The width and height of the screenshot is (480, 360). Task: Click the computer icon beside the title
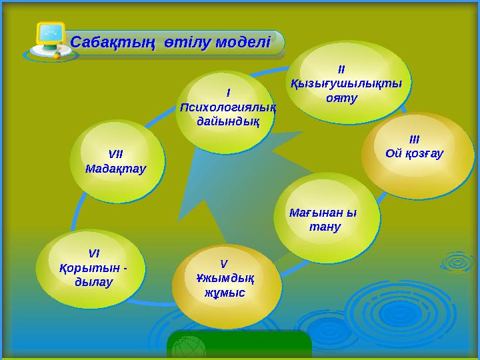[49, 40]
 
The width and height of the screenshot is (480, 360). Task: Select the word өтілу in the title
[176, 43]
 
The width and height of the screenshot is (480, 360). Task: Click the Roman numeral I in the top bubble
[228, 93]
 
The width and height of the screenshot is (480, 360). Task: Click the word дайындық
[228, 121]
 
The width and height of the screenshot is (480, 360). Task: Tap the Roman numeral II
[341, 69]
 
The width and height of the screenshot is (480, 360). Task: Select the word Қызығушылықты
[347, 83]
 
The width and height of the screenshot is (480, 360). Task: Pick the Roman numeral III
[414, 140]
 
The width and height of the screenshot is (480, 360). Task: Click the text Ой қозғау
[415, 154]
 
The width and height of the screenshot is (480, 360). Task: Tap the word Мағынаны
[323, 213]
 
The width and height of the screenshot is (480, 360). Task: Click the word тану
[325, 227]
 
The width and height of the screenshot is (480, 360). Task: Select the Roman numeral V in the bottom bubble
[224, 263]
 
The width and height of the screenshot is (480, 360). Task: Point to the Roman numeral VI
[94, 253]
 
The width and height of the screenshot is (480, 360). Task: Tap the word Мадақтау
[115, 169]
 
